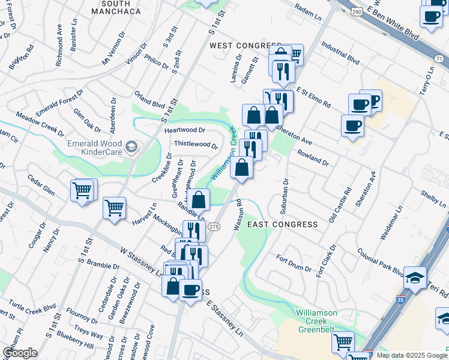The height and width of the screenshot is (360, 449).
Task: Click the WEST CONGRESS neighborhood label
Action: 244,46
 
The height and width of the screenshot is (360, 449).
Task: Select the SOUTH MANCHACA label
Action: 116,7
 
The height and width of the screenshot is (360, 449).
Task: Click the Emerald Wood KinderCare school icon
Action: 131,146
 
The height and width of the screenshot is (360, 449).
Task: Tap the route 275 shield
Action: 214,226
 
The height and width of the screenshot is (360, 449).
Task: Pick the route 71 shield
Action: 439,58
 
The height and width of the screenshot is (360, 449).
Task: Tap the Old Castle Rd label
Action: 339,205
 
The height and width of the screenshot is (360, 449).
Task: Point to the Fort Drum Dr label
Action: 293,263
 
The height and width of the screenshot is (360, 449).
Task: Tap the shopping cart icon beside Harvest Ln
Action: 114,209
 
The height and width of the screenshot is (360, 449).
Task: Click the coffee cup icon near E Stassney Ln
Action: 190,290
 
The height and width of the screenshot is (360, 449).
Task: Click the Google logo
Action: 19,352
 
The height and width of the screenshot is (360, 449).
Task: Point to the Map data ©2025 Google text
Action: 411,355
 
